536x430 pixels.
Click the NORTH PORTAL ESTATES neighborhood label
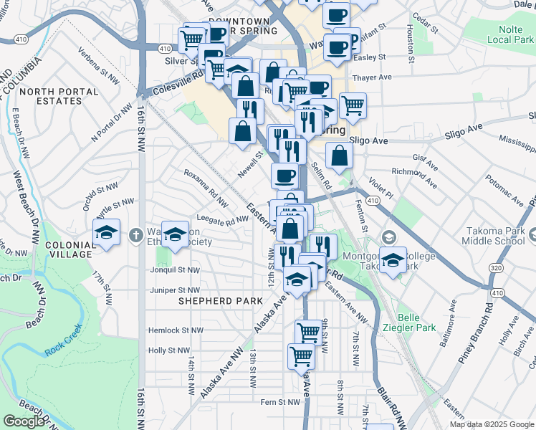coord(50,97)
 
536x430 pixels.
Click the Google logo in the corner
coord(23,421)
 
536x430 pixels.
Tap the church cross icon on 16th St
coord(136,234)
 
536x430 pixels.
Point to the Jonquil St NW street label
coord(174,270)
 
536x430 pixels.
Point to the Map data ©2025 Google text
coord(491,424)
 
